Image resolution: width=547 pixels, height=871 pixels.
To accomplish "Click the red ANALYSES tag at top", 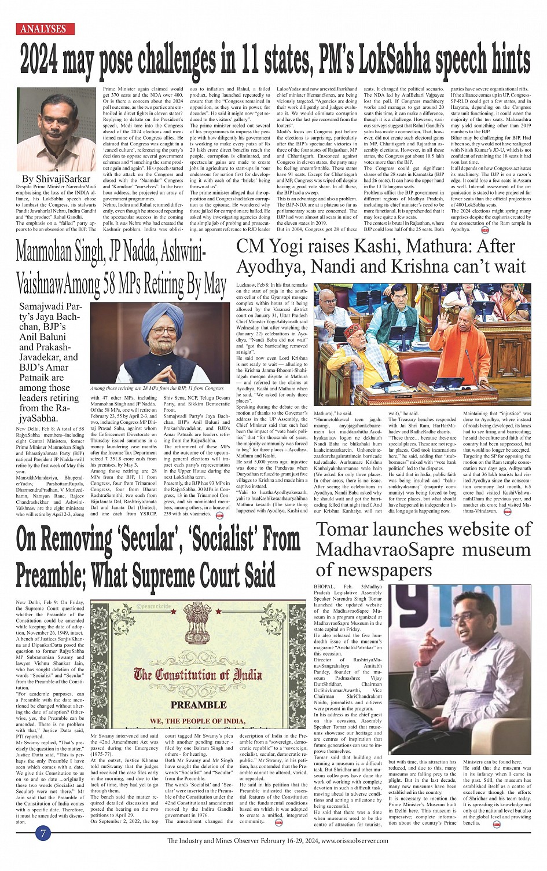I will point(43,28).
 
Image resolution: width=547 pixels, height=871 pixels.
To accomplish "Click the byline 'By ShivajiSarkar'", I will point(56,179).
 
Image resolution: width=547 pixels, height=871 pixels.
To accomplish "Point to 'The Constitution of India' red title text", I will point(197,674).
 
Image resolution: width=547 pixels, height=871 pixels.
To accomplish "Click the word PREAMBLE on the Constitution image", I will point(198,705).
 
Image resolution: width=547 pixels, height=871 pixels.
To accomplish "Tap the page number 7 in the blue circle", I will point(43,834).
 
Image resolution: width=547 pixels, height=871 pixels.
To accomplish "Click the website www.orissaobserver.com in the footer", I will point(363,841).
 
